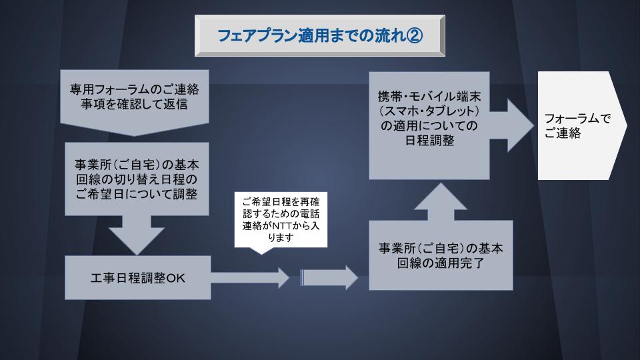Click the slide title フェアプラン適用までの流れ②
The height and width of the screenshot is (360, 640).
pyautogui.click(x=319, y=36)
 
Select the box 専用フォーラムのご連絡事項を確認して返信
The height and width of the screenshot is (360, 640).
pyautogui.click(x=134, y=96)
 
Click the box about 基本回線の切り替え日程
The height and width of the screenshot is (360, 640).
pyautogui.click(x=137, y=178)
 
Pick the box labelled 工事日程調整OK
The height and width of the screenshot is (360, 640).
pyautogui.click(x=137, y=278)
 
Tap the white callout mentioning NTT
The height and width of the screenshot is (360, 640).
pyautogui.click(x=281, y=220)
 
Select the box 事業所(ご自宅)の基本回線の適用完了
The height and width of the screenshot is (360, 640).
pyautogui.click(x=441, y=255)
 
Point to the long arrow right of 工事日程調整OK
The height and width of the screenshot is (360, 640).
pyautogui.click(x=250, y=276)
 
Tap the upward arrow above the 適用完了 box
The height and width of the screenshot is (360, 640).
pyautogui.click(x=440, y=201)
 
